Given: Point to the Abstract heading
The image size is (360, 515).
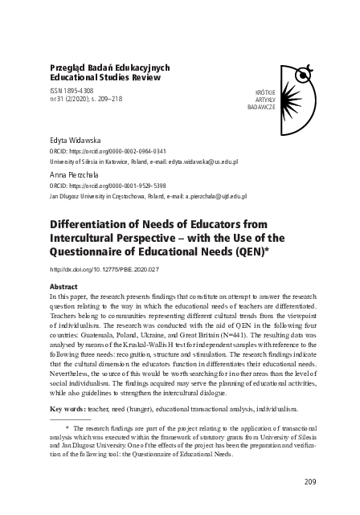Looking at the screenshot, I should (x=63, y=286).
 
